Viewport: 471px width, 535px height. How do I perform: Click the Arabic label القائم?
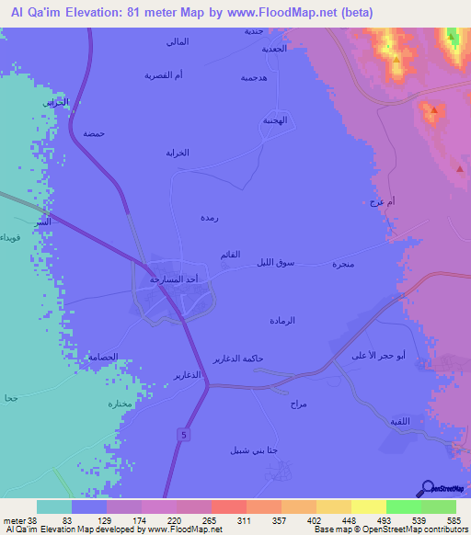231,253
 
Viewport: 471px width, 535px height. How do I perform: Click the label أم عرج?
379,201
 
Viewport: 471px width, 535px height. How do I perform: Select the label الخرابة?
177,153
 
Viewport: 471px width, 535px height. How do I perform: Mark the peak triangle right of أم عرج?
459,169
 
